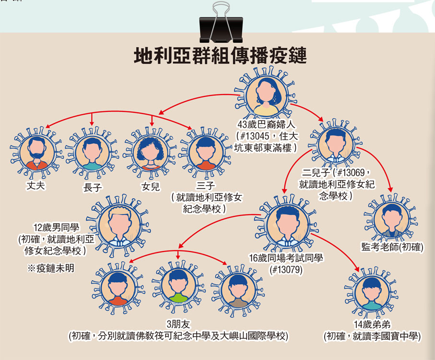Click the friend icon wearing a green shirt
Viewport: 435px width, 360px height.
(178, 287)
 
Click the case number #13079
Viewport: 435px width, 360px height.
(286, 270)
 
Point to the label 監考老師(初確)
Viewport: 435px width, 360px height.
(392, 247)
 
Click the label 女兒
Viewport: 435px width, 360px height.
(150, 187)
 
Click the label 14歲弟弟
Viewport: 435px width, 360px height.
(372, 324)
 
